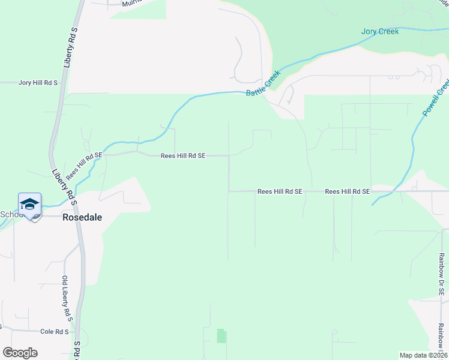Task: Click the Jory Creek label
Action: tap(380, 31)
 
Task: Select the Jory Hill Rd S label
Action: tap(38, 83)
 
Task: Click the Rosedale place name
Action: tap(82, 218)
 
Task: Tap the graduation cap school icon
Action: tap(29, 205)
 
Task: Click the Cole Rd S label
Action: tap(55, 331)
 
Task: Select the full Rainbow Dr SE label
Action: tap(441, 274)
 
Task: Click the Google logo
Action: tap(20, 353)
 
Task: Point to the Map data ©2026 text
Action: tap(423, 355)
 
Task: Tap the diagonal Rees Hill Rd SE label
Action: tap(84, 166)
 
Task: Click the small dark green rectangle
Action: tap(220, 336)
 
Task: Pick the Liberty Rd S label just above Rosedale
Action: tap(65, 187)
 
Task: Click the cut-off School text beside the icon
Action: tap(10, 215)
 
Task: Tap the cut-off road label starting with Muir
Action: tap(134, 4)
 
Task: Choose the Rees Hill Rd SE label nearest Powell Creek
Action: tap(348, 191)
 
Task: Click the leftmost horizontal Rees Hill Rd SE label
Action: tap(183, 156)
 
